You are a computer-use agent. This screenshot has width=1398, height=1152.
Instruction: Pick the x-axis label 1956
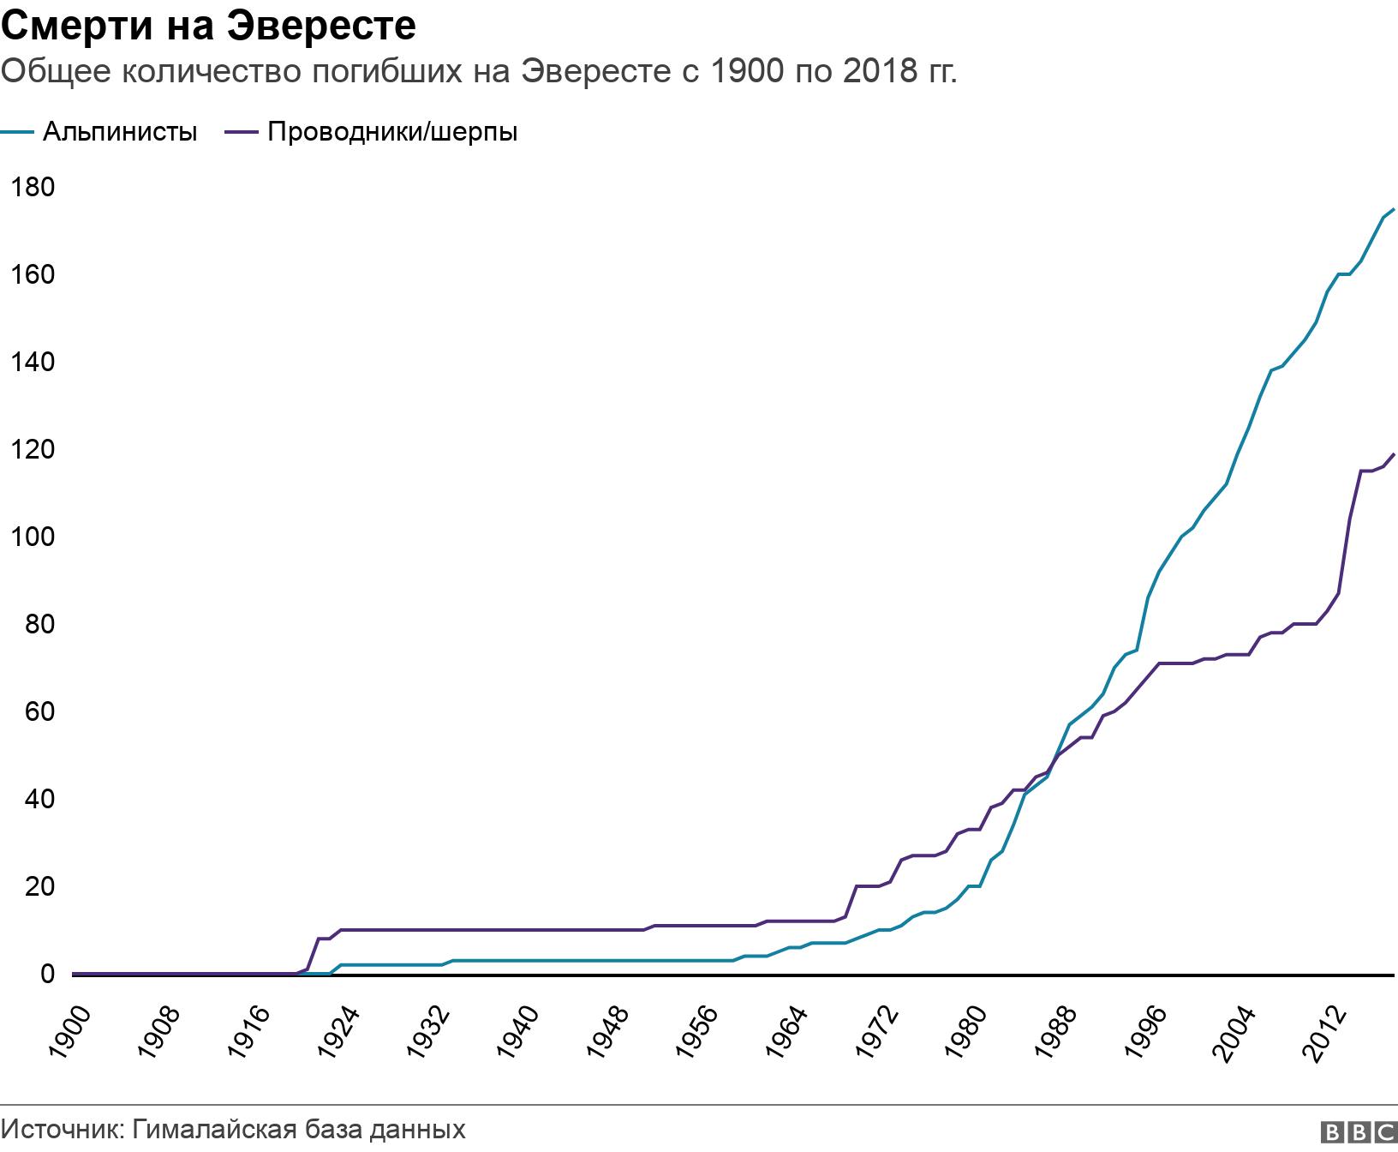tap(704, 1032)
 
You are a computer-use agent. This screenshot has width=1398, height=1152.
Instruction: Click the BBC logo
tap(1359, 1132)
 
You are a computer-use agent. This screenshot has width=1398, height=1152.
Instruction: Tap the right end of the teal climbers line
tap(1394, 209)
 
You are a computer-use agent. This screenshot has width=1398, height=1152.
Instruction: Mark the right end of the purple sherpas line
tap(1394, 454)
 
